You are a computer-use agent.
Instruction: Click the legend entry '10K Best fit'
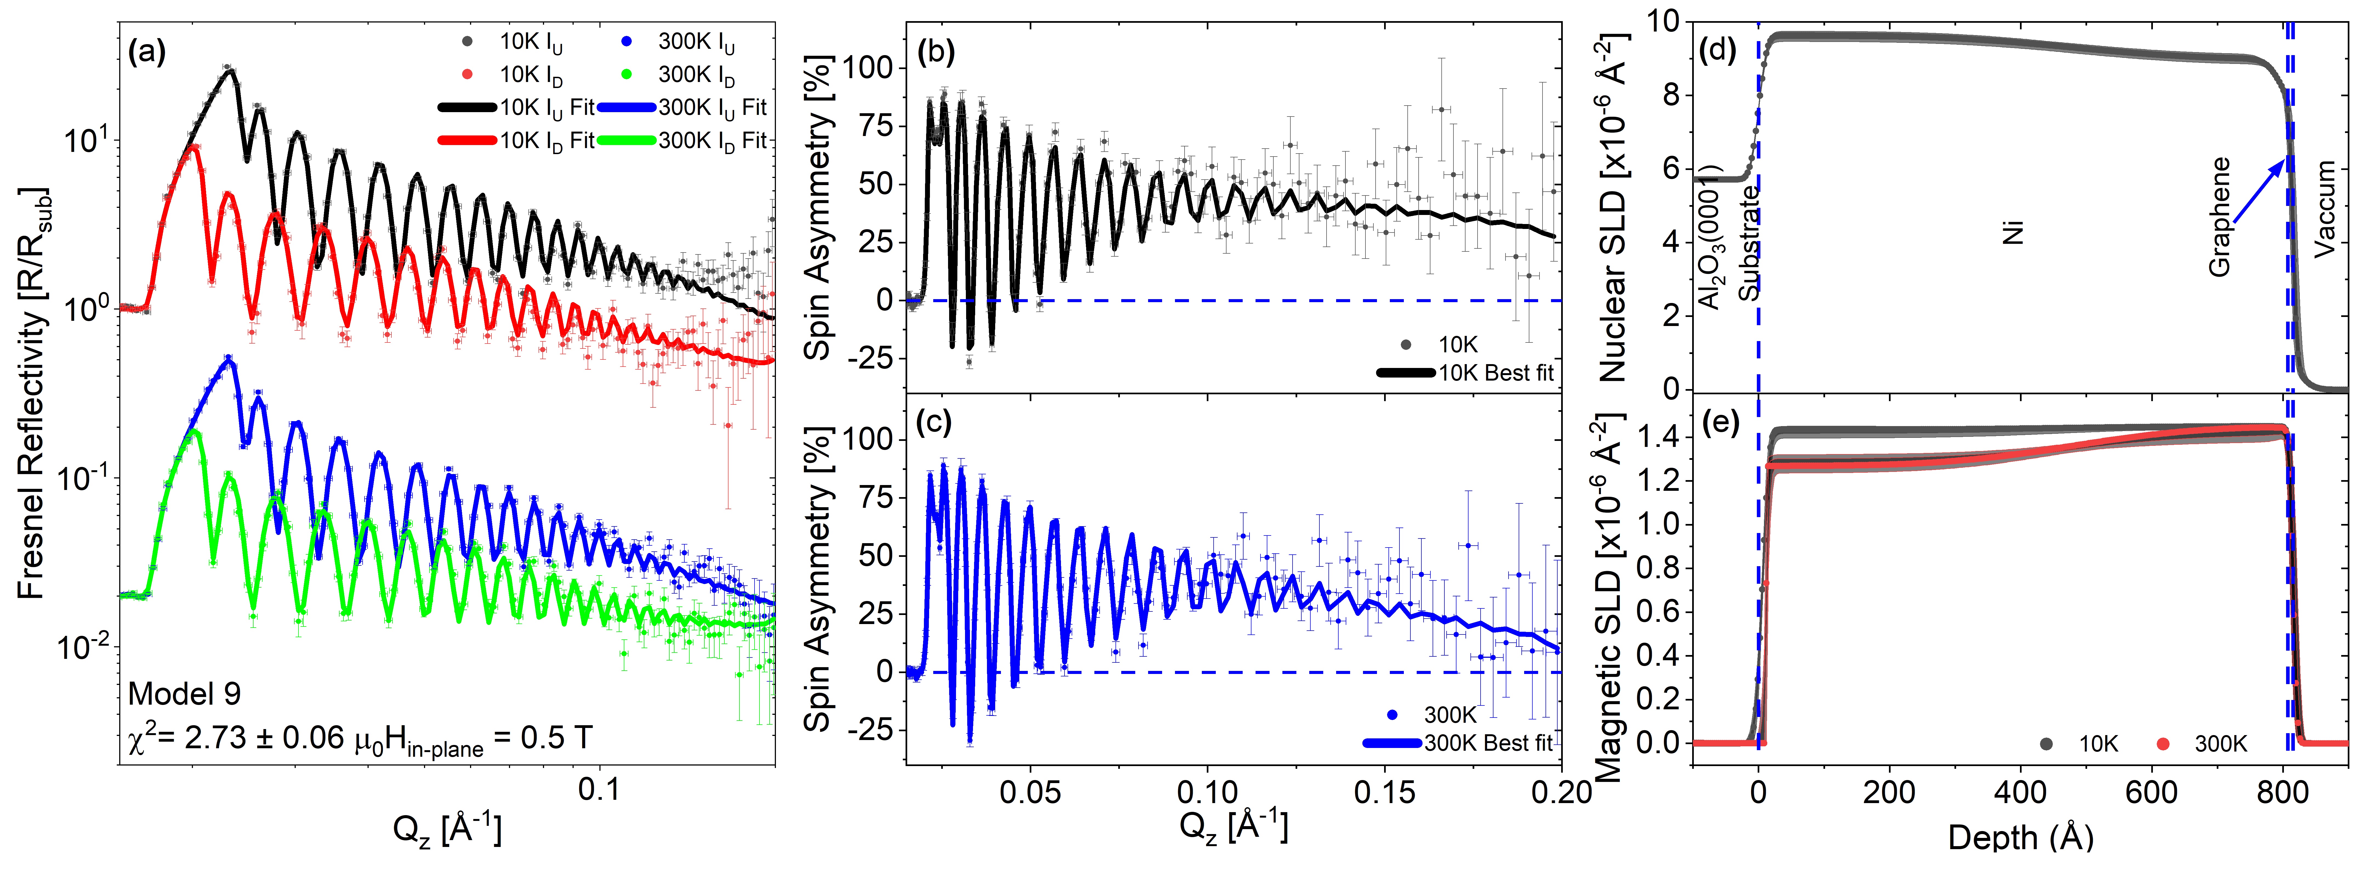coord(1496,373)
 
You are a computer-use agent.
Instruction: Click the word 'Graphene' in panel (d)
coord(2219,217)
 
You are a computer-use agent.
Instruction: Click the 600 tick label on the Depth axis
coord(2152,793)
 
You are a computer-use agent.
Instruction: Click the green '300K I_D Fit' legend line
coord(626,140)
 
